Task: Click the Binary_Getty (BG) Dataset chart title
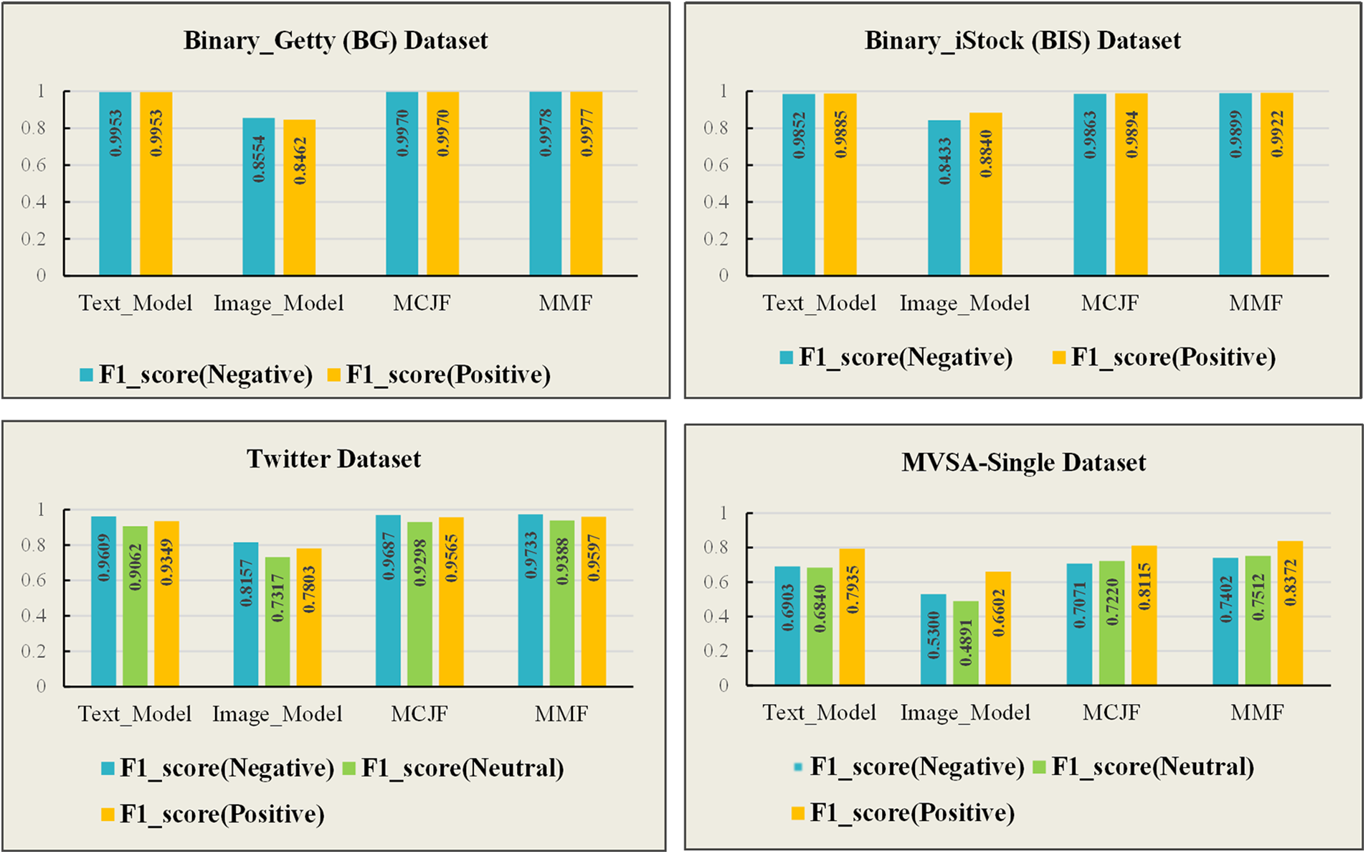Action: pos(336,40)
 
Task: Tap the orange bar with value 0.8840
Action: pos(985,194)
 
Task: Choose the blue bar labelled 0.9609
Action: pos(103,601)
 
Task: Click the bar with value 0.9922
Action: pos(1276,184)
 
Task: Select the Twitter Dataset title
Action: pos(333,459)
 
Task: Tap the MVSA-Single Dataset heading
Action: pos(1023,463)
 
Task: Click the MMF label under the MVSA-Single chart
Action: pos(1257,713)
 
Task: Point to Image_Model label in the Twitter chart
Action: pos(277,714)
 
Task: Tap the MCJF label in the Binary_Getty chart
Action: pos(422,303)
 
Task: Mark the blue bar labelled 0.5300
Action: pos(933,639)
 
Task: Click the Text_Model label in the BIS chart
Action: pos(819,303)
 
